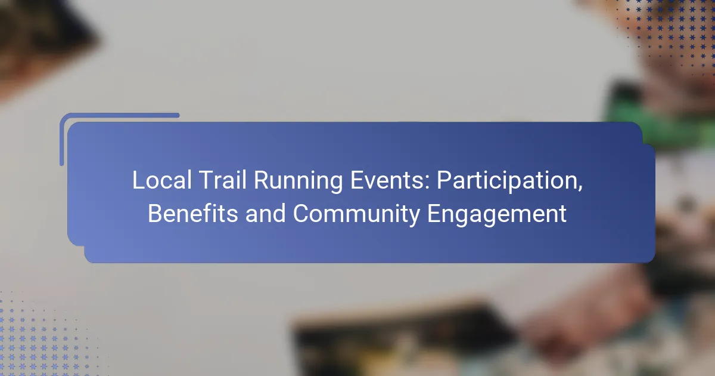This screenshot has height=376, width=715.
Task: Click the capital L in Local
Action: (x=137, y=181)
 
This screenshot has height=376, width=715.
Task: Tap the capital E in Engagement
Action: (x=435, y=214)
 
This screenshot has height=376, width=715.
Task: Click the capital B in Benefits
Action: (x=154, y=214)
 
